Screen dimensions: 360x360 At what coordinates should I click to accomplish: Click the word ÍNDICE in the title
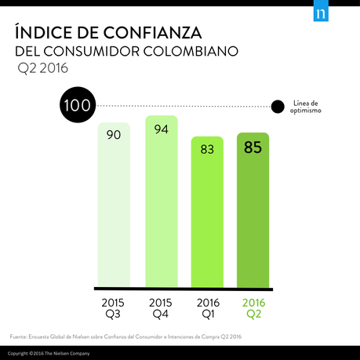pyautogui.click(x=42, y=33)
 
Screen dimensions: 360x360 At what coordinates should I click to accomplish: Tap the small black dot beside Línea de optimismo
pyautogui.click(x=276, y=107)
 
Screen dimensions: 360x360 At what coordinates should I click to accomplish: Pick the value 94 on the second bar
pyautogui.click(x=162, y=129)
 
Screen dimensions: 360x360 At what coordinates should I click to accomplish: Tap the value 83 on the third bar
pyautogui.click(x=208, y=148)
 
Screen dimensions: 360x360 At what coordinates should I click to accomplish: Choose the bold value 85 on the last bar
pyautogui.click(x=253, y=146)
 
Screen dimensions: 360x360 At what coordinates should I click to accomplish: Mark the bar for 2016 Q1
pyautogui.click(x=208, y=220)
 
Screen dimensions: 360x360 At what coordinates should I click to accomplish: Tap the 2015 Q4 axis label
pyautogui.click(x=162, y=307)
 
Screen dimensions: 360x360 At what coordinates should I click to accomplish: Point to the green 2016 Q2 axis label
pyautogui.click(x=254, y=307)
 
